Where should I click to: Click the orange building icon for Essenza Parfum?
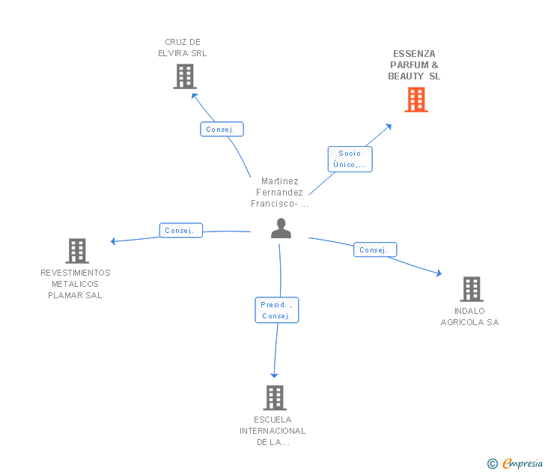tap(415, 100)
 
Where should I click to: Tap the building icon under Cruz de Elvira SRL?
tap(184, 76)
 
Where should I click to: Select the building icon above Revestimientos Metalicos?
tap(76, 251)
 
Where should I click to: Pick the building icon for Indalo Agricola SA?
tap(471, 288)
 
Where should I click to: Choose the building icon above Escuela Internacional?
tap(275, 398)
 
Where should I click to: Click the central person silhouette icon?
tap(281, 229)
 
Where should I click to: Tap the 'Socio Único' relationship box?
tap(350, 159)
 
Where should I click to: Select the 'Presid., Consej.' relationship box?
tap(276, 310)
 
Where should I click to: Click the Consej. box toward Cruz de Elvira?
tap(221, 130)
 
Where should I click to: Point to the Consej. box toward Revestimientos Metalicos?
tap(180, 231)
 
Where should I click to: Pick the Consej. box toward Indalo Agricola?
tap(374, 250)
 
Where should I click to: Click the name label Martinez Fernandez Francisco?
tap(280, 193)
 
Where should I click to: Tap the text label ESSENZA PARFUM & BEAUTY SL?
tap(414, 65)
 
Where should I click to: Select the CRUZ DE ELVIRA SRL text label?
tap(183, 48)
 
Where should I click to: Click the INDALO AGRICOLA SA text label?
tap(469, 317)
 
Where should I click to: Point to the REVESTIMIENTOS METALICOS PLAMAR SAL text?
tap(76, 284)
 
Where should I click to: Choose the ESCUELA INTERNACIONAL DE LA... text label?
tap(272, 431)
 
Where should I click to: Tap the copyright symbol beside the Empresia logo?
tap(493, 465)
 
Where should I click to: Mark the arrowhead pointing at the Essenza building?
tap(389, 127)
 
